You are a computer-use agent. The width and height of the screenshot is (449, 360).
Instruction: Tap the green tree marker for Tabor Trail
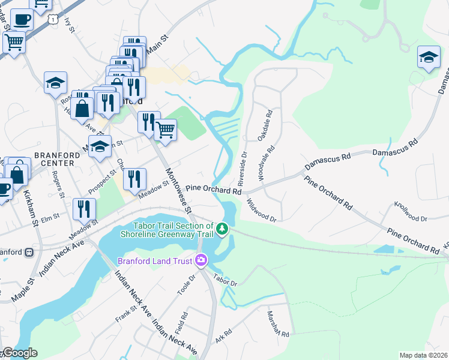pos(223,229)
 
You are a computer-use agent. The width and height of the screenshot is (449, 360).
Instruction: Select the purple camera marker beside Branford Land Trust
pos(200,260)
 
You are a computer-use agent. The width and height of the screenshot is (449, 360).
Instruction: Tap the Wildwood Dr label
pos(261,210)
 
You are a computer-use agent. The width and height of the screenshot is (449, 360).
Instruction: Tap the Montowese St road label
pos(178,190)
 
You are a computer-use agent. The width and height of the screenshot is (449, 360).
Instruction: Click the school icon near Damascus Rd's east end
pos(429,58)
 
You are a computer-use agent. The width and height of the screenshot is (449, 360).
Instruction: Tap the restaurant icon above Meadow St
pos(134,178)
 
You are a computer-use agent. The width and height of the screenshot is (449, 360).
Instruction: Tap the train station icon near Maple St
pos(29,253)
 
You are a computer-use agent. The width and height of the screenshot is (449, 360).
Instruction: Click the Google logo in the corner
pos(20,353)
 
